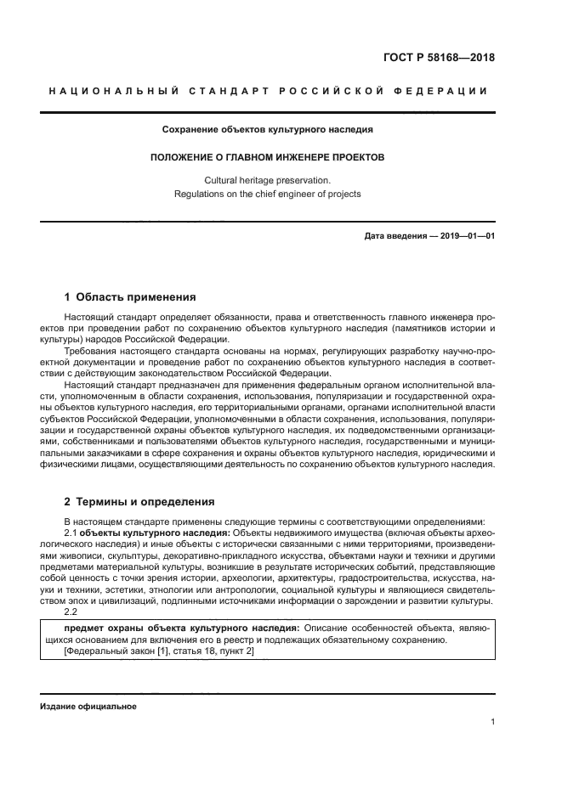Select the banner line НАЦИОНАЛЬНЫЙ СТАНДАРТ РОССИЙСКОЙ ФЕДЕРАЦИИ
click(x=268, y=91)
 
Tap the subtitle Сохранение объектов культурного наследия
click(x=268, y=130)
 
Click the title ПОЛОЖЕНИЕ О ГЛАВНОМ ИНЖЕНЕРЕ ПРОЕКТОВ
click(x=268, y=157)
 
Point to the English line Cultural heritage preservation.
click(x=268, y=180)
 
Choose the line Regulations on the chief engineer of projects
click(x=268, y=194)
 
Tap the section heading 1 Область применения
click(x=130, y=297)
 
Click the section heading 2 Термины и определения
click(x=139, y=502)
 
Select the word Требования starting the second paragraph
click(x=91, y=350)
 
